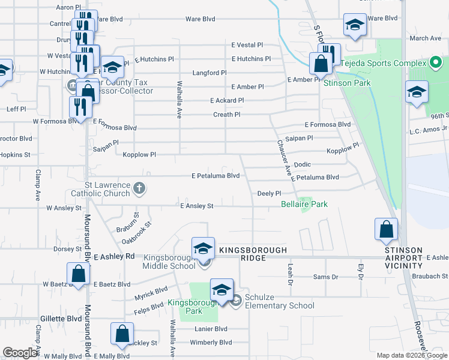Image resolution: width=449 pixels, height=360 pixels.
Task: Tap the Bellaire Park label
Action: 304,205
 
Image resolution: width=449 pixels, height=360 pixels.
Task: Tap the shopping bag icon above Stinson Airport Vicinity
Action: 386,229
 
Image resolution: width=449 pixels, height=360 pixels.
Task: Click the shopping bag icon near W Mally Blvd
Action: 122,334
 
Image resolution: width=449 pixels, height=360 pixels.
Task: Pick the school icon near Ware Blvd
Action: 354,25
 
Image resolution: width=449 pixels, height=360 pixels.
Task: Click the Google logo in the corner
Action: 20,352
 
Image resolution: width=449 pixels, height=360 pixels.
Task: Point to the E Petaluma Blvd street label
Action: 215,176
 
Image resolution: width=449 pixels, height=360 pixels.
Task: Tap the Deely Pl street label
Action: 269,193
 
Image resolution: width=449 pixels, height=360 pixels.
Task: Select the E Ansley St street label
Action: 197,206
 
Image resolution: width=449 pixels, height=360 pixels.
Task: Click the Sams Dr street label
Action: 326,277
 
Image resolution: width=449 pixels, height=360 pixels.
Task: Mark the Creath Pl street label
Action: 226,115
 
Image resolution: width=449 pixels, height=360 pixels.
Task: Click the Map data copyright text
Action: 412,355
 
